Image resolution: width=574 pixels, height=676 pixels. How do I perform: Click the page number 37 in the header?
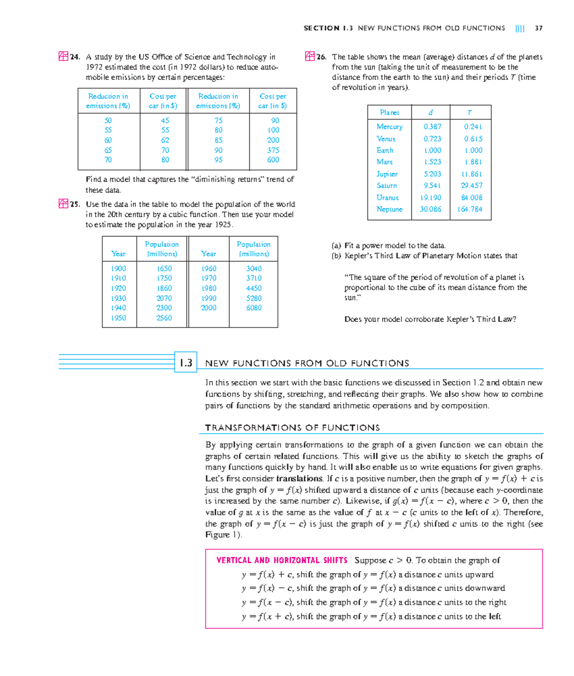[x=539, y=28]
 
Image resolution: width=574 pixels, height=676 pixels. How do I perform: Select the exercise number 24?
[x=75, y=57]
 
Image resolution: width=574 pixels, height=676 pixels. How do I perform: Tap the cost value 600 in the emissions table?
[x=273, y=160]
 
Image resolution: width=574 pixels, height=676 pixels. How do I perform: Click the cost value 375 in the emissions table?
[x=273, y=150]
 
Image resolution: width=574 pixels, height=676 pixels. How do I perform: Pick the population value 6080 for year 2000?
[x=254, y=308]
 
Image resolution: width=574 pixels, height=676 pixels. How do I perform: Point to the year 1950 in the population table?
[x=119, y=318]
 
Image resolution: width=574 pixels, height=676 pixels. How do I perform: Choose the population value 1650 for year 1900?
[x=164, y=269]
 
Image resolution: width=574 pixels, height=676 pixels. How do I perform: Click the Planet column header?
[x=389, y=113]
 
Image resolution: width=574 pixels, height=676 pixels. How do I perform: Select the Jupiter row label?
[x=387, y=174]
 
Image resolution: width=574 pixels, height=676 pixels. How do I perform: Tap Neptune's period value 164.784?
[x=470, y=209]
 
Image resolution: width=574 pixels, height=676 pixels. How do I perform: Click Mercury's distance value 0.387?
[x=432, y=127]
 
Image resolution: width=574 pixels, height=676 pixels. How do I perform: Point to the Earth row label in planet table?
[x=385, y=150]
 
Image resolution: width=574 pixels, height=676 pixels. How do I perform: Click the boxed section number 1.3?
[x=186, y=363]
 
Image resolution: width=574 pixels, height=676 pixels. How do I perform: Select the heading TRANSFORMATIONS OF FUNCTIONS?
[x=292, y=428]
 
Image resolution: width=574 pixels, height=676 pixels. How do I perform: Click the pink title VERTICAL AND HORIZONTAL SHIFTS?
[x=282, y=560]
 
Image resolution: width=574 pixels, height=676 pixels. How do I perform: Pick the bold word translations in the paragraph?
[x=299, y=479]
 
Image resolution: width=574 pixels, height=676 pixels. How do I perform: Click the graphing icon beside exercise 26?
[x=309, y=56]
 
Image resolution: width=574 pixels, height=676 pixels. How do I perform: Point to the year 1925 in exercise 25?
[x=223, y=225]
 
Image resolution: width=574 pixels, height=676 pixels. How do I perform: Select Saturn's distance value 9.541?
[x=432, y=186]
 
